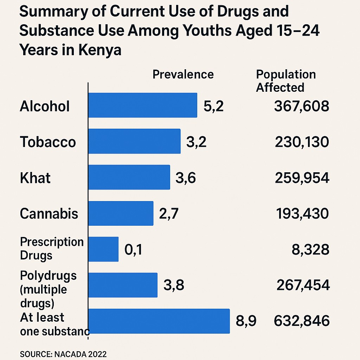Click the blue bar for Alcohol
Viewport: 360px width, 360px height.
point(142,105)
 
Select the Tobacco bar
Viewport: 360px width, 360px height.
point(134,141)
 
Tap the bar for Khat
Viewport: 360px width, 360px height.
point(129,177)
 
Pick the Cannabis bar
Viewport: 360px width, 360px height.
point(121,213)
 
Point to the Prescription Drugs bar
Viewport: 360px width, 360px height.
point(103,249)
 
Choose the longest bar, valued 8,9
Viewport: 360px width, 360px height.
point(159,321)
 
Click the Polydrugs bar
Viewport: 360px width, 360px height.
point(123,285)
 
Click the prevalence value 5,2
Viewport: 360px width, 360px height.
point(213,106)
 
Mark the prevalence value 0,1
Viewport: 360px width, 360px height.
point(134,250)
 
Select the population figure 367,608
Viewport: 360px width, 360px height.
point(301,106)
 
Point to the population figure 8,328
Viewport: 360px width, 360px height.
point(310,250)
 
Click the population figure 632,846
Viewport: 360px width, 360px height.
point(301,321)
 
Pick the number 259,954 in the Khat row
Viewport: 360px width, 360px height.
point(302,178)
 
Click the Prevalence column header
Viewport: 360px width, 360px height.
point(183,75)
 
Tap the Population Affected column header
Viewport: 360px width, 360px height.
point(285,81)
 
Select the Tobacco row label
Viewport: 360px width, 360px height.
point(48,142)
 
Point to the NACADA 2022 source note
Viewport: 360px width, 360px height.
point(63,353)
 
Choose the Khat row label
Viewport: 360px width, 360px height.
point(35,178)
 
